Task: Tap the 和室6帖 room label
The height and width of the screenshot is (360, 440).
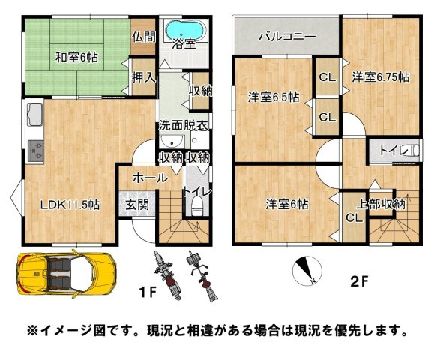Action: (x=77, y=55)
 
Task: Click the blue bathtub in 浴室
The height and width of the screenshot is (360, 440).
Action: (x=184, y=30)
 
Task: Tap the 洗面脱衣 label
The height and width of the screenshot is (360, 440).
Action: (x=181, y=125)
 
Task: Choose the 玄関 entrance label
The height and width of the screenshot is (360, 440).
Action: (x=136, y=204)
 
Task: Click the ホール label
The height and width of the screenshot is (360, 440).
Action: (x=149, y=178)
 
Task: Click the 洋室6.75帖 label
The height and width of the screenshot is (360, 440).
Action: (x=381, y=76)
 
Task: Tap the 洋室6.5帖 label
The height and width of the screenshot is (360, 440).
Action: (x=274, y=97)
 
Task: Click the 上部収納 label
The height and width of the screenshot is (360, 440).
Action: (x=380, y=203)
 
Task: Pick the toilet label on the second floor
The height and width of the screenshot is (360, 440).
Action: (x=391, y=151)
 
